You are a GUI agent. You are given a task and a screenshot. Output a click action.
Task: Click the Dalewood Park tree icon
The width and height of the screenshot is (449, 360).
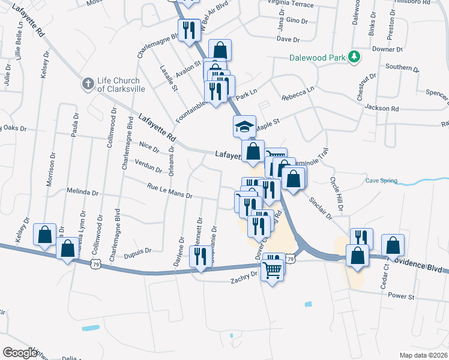(x=355, y=57)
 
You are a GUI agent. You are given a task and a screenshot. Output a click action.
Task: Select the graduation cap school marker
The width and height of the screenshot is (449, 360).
(x=244, y=126)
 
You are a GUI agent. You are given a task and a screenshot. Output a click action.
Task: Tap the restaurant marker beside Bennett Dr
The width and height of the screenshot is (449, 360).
(x=200, y=256)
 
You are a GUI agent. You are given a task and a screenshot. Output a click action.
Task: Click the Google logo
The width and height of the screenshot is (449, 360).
(x=19, y=353)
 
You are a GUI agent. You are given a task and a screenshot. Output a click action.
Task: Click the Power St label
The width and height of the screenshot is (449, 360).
(x=402, y=296)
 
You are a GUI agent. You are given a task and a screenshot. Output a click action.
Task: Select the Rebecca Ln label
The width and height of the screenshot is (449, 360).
(x=298, y=93)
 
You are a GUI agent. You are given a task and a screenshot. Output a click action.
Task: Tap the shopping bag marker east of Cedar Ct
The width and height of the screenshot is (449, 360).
(x=393, y=245)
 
